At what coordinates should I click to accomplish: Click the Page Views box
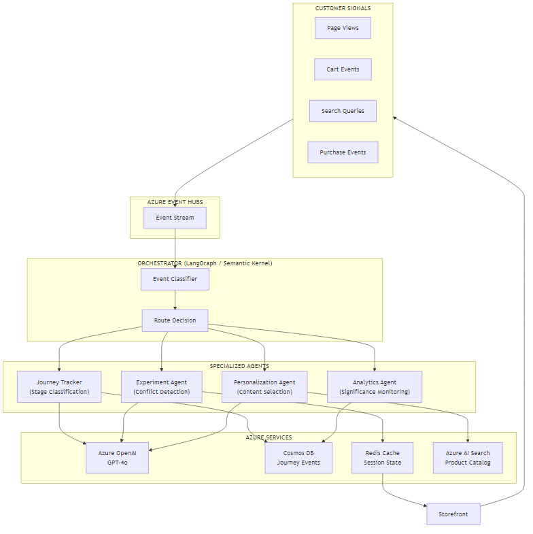pos(343,28)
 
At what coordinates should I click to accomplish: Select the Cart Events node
pos(343,69)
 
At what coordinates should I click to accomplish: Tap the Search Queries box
pos(343,111)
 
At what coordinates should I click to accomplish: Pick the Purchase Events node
pos(343,152)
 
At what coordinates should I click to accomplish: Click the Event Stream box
pos(175,218)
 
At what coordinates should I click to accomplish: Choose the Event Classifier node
pos(175,279)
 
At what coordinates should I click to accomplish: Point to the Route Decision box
pos(175,320)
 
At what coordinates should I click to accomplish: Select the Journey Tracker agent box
pos(59,387)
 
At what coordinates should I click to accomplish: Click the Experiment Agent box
pos(162,387)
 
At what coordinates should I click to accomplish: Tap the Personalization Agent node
pos(264,387)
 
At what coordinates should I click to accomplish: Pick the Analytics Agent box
pos(375,387)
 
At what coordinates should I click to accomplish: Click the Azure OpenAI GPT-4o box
pos(117,458)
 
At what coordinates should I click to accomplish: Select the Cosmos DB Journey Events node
pos(298,458)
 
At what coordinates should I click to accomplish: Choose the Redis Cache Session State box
pos(382,458)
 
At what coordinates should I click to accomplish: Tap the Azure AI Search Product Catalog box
pos(468,458)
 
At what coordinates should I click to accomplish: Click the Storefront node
pos(453,514)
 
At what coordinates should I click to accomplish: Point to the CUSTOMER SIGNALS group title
pos(343,8)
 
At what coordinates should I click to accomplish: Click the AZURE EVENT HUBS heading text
pos(175,202)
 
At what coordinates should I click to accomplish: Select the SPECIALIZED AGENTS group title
pos(239,366)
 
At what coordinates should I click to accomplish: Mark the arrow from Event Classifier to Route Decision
pos(175,300)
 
